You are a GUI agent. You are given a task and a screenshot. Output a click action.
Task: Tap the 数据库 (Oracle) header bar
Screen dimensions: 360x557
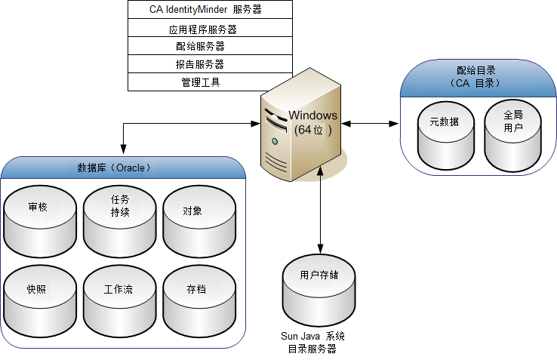pyautogui.click(x=125, y=167)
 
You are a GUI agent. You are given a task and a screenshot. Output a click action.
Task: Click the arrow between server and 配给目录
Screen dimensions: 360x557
pyautogui.click(x=370, y=122)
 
